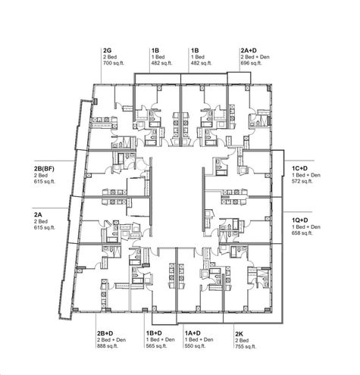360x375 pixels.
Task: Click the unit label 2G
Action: tap(107, 49)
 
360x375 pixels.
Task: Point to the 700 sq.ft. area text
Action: tap(113, 63)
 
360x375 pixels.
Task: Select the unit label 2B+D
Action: tap(105, 333)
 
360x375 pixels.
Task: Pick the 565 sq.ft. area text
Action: tap(156, 347)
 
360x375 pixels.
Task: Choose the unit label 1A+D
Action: tap(193, 333)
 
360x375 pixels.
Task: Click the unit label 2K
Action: tap(239, 333)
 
